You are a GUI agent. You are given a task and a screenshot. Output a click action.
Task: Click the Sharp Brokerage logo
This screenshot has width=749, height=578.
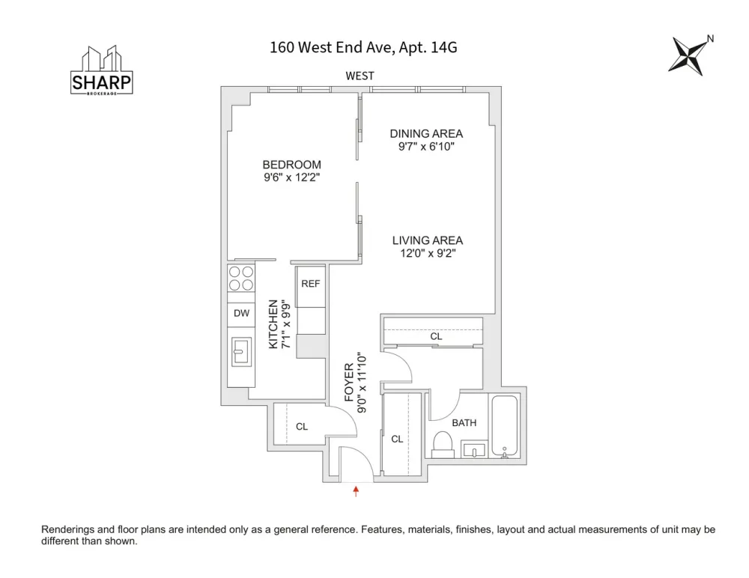click(101, 70)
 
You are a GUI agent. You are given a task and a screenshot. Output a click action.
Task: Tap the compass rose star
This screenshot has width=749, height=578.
click(688, 55)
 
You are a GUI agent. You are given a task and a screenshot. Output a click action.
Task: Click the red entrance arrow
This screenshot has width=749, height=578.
click(356, 491)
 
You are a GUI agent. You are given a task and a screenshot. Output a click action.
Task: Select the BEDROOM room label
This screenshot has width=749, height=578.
click(292, 165)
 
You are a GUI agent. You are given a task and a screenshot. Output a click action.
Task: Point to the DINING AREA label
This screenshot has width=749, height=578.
click(426, 134)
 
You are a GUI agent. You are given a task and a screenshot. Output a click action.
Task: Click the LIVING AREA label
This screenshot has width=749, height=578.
click(428, 240)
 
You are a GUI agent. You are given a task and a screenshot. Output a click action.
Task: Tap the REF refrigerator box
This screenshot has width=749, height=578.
click(311, 287)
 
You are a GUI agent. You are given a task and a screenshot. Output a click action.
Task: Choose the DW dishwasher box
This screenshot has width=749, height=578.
click(241, 314)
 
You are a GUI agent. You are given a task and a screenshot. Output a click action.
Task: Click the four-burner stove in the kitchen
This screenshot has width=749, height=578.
click(241, 279)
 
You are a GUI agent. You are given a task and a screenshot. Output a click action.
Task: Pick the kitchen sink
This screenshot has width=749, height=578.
click(242, 352)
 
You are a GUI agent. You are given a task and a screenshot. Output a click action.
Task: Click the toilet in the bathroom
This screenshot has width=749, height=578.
click(443, 445)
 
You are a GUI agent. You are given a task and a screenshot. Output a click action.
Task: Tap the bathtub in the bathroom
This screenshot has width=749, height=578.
click(504, 426)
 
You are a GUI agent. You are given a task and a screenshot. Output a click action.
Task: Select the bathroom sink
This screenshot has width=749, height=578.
click(473, 450)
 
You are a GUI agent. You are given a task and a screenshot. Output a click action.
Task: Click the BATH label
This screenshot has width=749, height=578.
click(464, 423)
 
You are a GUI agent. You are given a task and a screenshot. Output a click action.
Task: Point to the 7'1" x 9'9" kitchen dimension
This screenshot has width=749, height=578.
click(285, 324)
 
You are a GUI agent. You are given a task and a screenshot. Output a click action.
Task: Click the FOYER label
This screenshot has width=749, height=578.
click(349, 382)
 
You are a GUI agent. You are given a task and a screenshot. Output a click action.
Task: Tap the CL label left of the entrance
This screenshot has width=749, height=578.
click(302, 427)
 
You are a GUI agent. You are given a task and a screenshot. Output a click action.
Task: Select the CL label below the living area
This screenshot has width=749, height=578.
click(436, 336)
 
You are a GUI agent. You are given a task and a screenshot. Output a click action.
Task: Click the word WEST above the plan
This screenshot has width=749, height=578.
click(360, 76)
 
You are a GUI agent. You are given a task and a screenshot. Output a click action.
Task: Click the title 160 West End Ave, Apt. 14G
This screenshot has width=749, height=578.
click(363, 47)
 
